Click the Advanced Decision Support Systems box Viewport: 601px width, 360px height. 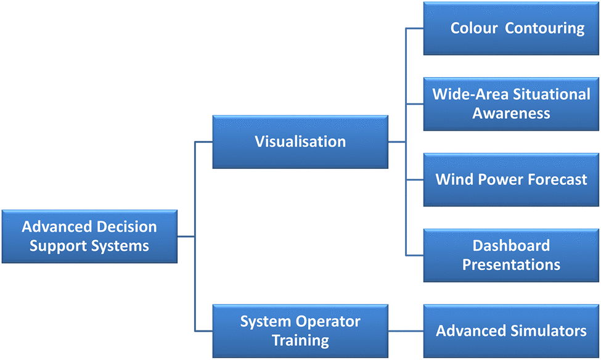point(90,236)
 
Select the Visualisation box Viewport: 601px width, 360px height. point(300,142)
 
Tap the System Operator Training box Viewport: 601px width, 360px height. point(300,331)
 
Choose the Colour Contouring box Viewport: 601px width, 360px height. point(511,28)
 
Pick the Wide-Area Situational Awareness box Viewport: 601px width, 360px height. point(511,104)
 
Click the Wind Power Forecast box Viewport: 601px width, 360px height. point(511,180)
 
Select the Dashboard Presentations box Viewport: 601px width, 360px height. point(511,255)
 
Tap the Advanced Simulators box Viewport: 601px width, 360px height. point(511,331)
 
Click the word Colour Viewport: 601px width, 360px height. point(474,28)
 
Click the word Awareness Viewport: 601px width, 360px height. point(511,113)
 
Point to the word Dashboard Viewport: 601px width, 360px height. point(511,246)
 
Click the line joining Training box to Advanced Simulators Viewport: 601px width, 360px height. point(406,331)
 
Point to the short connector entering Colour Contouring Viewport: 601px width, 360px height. point(415,28)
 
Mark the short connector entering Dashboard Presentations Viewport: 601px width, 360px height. point(415,255)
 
